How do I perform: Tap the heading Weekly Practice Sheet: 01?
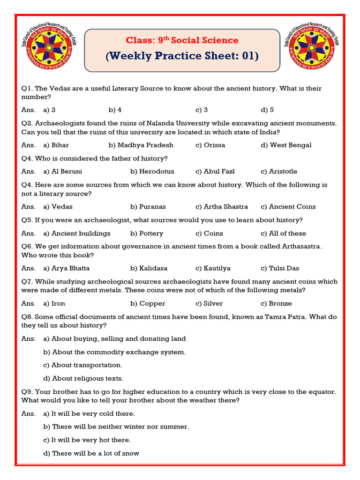[182, 56]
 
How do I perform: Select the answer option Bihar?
[60, 145]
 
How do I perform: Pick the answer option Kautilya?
[217, 269]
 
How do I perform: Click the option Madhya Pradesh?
[145, 145]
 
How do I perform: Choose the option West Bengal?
[291, 145]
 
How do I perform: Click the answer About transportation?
[87, 365]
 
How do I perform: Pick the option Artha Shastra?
[225, 207]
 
